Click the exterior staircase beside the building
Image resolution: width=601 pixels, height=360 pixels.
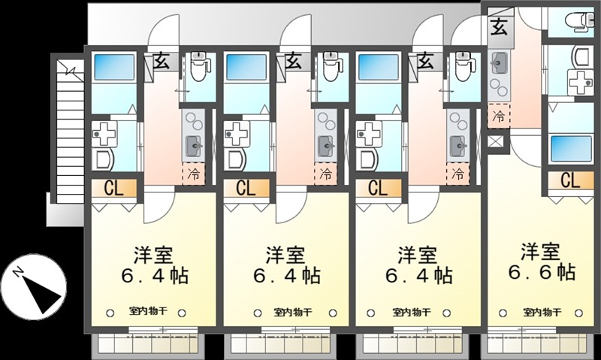pyautogui.click(x=70, y=131)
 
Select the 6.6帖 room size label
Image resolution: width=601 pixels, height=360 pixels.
pyautogui.click(x=542, y=271)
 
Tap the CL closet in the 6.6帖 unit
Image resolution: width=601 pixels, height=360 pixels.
pyautogui.click(x=570, y=180)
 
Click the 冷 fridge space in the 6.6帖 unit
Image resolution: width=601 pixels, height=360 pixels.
pyautogui.click(x=499, y=116)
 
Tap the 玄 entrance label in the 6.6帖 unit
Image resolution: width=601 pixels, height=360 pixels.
pyautogui.click(x=500, y=27)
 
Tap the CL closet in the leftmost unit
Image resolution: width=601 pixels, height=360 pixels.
pyautogui.click(x=114, y=189)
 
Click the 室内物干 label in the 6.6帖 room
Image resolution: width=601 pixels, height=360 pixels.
pyautogui.click(x=542, y=312)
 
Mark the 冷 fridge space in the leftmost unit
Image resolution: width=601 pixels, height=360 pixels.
pyautogui.click(x=194, y=174)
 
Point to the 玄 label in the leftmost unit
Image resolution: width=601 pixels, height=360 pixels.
pyautogui.click(x=162, y=62)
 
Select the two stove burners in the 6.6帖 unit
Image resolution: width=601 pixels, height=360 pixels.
pyautogui.click(x=499, y=86)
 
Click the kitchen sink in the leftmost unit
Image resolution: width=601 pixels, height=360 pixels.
pyautogui.click(x=194, y=146)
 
